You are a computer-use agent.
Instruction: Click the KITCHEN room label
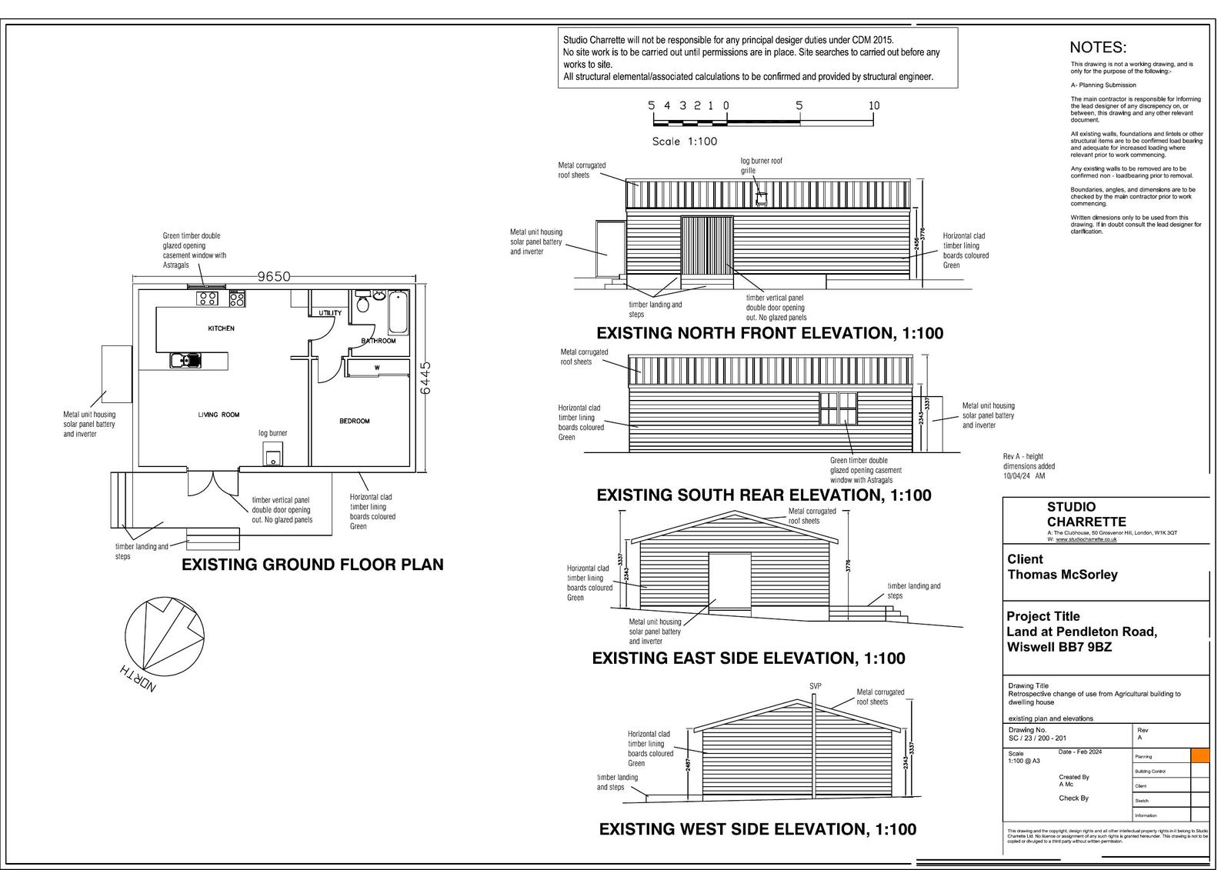(221, 328)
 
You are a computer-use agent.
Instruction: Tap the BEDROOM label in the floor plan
(355, 421)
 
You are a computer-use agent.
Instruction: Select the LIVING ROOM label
(219, 415)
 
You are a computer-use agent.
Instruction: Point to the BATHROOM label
(379, 341)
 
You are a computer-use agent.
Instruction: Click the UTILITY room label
(330, 313)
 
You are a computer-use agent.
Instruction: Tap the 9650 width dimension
(274, 277)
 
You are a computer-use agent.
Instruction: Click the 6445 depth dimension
(425, 378)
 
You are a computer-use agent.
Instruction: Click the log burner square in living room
(273, 455)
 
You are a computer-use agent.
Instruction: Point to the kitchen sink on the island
(185, 359)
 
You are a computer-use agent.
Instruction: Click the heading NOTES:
(1098, 48)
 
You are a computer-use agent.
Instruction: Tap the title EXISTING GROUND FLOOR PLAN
(312, 565)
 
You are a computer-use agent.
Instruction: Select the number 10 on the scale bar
(873, 105)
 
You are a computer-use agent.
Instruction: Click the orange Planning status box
(1199, 755)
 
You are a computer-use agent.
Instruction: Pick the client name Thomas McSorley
(1063, 575)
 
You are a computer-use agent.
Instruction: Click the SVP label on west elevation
(816, 685)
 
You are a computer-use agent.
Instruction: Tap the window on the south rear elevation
(838, 408)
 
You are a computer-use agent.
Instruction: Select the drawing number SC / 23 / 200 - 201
(1036, 738)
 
